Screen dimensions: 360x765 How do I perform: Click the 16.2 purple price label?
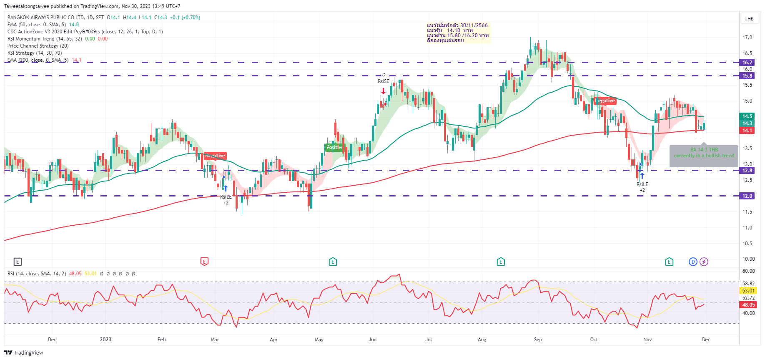[x=747, y=63]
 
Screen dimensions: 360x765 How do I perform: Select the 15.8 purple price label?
[x=747, y=76]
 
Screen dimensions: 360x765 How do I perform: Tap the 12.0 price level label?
[x=747, y=196]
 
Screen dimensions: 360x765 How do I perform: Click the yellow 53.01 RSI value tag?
[x=748, y=291]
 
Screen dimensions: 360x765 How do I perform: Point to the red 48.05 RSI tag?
[x=748, y=305]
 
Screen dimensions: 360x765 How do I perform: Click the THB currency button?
[x=749, y=19]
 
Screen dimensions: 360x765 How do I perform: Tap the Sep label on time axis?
[x=538, y=340]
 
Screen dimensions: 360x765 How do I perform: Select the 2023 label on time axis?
[x=105, y=340]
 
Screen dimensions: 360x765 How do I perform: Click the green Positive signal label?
[x=334, y=147]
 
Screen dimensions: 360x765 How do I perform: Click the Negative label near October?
[x=605, y=101]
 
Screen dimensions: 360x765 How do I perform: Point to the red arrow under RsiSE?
[x=383, y=91]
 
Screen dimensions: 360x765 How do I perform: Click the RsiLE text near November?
[x=642, y=184]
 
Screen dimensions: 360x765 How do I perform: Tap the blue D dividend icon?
[x=693, y=262]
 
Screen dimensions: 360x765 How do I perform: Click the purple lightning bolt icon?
[x=704, y=262]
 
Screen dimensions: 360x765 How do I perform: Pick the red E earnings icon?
[x=204, y=262]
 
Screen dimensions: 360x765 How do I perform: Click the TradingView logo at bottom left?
[x=24, y=353]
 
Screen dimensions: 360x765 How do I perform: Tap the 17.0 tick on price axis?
[x=747, y=38]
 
